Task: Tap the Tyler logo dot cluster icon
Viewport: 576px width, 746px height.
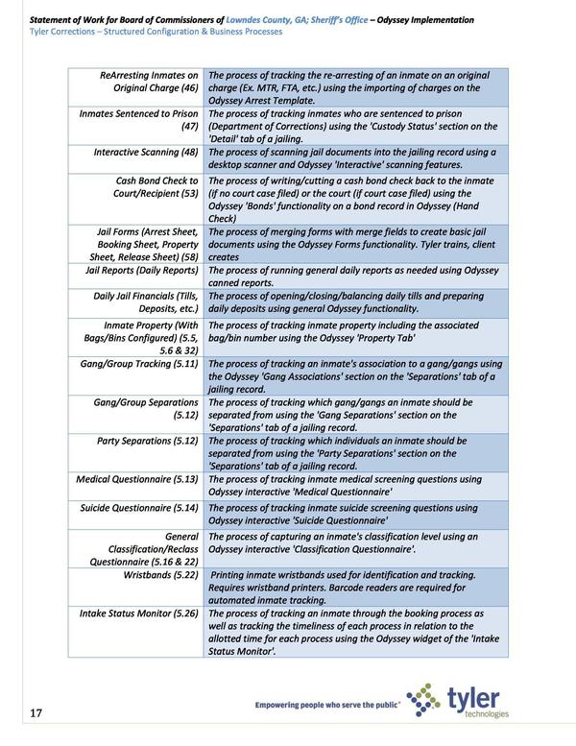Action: pos(422,701)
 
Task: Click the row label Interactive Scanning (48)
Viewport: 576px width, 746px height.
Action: pos(146,153)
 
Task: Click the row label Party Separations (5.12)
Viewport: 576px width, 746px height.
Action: pos(148,441)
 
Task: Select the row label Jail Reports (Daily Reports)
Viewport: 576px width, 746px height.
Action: pos(136,271)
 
